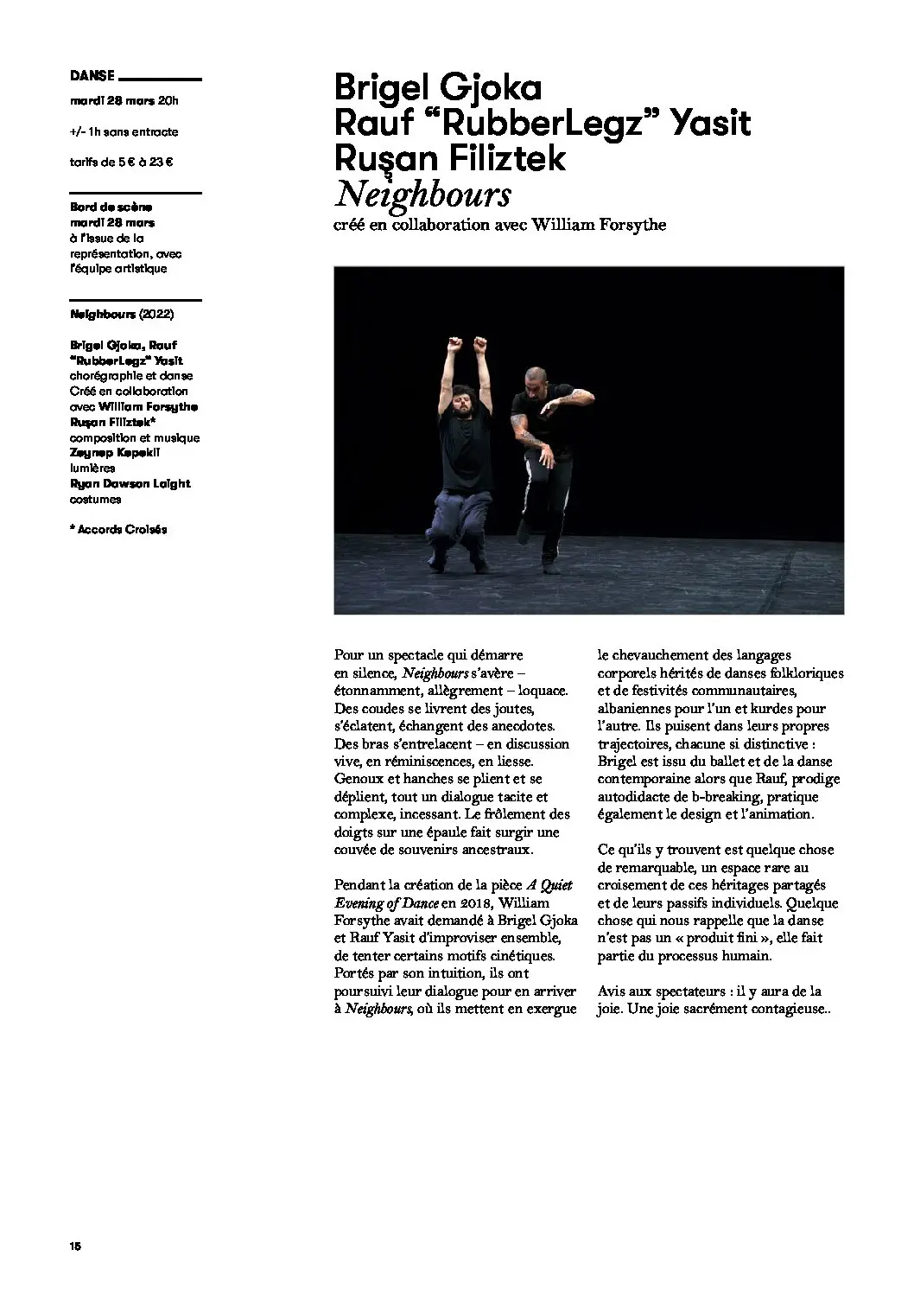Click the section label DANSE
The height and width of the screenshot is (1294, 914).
(92, 76)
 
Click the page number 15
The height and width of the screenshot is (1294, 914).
(75, 1246)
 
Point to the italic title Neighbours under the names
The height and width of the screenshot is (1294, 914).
(422, 194)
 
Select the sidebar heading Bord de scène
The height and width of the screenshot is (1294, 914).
(111, 207)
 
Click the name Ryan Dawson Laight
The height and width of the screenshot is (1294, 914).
(130, 484)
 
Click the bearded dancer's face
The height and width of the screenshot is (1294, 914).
(460, 399)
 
